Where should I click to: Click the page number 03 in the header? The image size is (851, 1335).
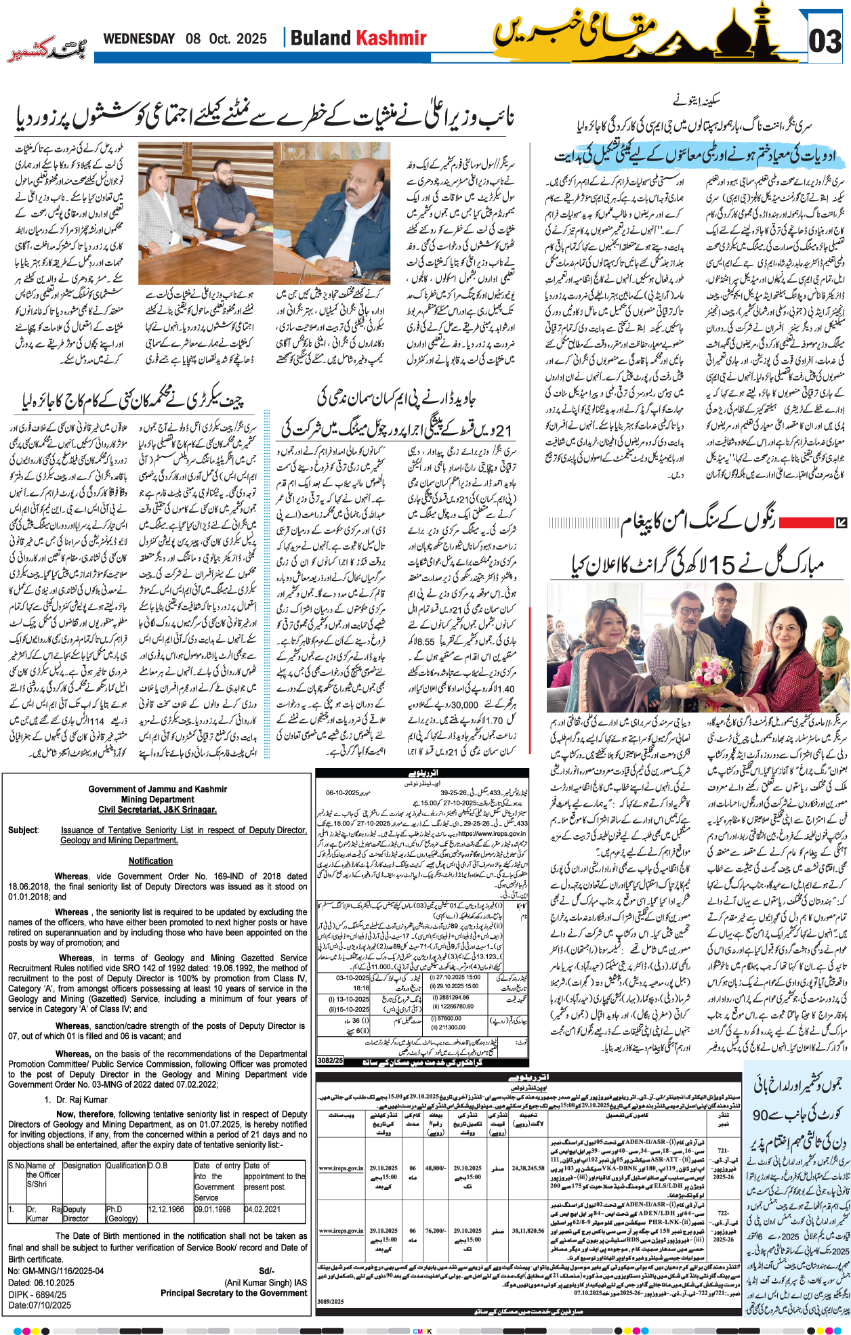(826, 41)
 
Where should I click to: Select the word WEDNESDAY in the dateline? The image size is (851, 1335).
(139, 39)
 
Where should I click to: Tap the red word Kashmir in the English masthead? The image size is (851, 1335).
(392, 38)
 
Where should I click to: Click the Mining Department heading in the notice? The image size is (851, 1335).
(158, 799)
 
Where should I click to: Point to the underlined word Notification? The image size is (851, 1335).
(150, 861)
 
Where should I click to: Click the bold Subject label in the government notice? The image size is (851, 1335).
(23, 830)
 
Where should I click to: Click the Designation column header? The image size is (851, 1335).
(83, 1166)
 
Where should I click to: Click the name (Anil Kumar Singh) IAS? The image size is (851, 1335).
(266, 1283)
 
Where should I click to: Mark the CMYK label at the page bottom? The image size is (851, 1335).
(423, 1331)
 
